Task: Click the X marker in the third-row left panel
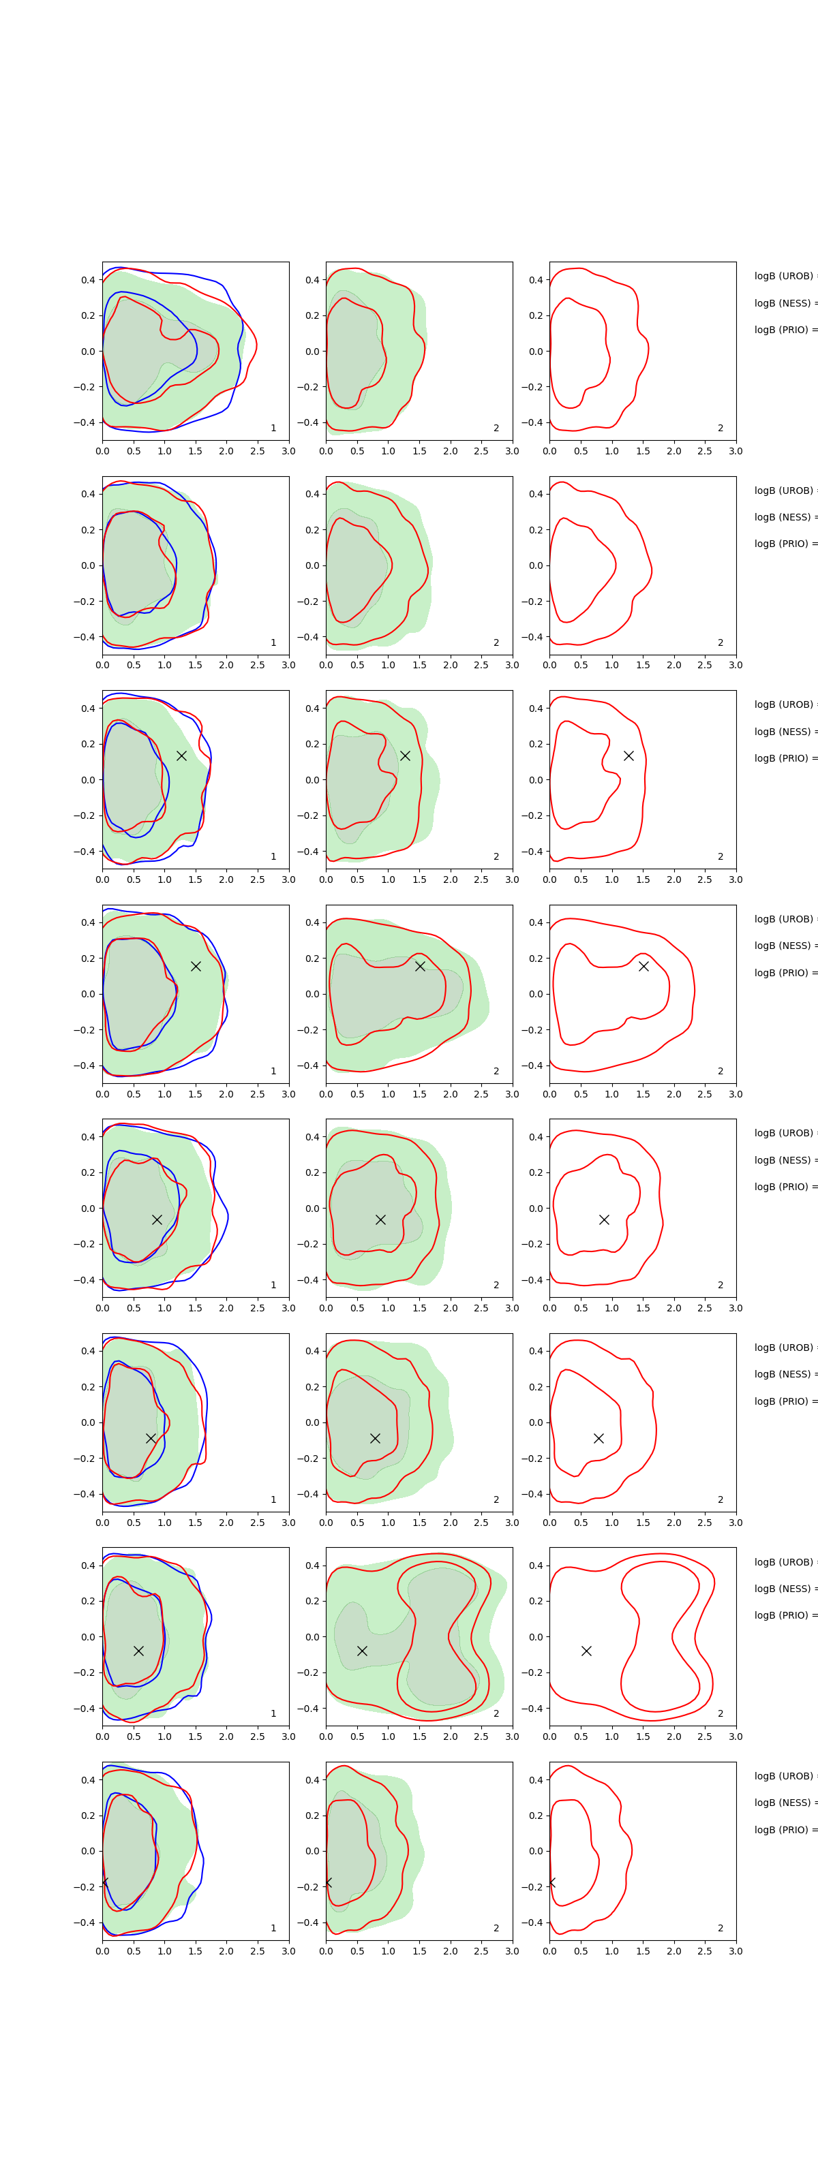[181, 756]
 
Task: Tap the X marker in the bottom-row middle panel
[328, 1883]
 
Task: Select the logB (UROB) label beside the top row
[784, 276]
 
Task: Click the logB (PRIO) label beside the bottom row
[784, 1830]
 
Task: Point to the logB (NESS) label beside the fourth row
[784, 946]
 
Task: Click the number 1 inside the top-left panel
[273, 429]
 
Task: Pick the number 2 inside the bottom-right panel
[721, 1928]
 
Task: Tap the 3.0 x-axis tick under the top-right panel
[735, 451]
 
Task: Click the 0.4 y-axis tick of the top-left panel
[87, 280]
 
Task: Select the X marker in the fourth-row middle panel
[420, 965]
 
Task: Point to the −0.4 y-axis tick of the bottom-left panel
[84, 1922]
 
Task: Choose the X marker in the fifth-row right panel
[604, 1219]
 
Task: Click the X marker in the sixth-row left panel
[151, 1438]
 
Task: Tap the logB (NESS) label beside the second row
[784, 517]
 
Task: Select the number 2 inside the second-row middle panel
[496, 642]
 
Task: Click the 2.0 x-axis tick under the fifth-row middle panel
[451, 1308]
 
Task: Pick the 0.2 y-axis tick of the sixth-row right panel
[535, 1387]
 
